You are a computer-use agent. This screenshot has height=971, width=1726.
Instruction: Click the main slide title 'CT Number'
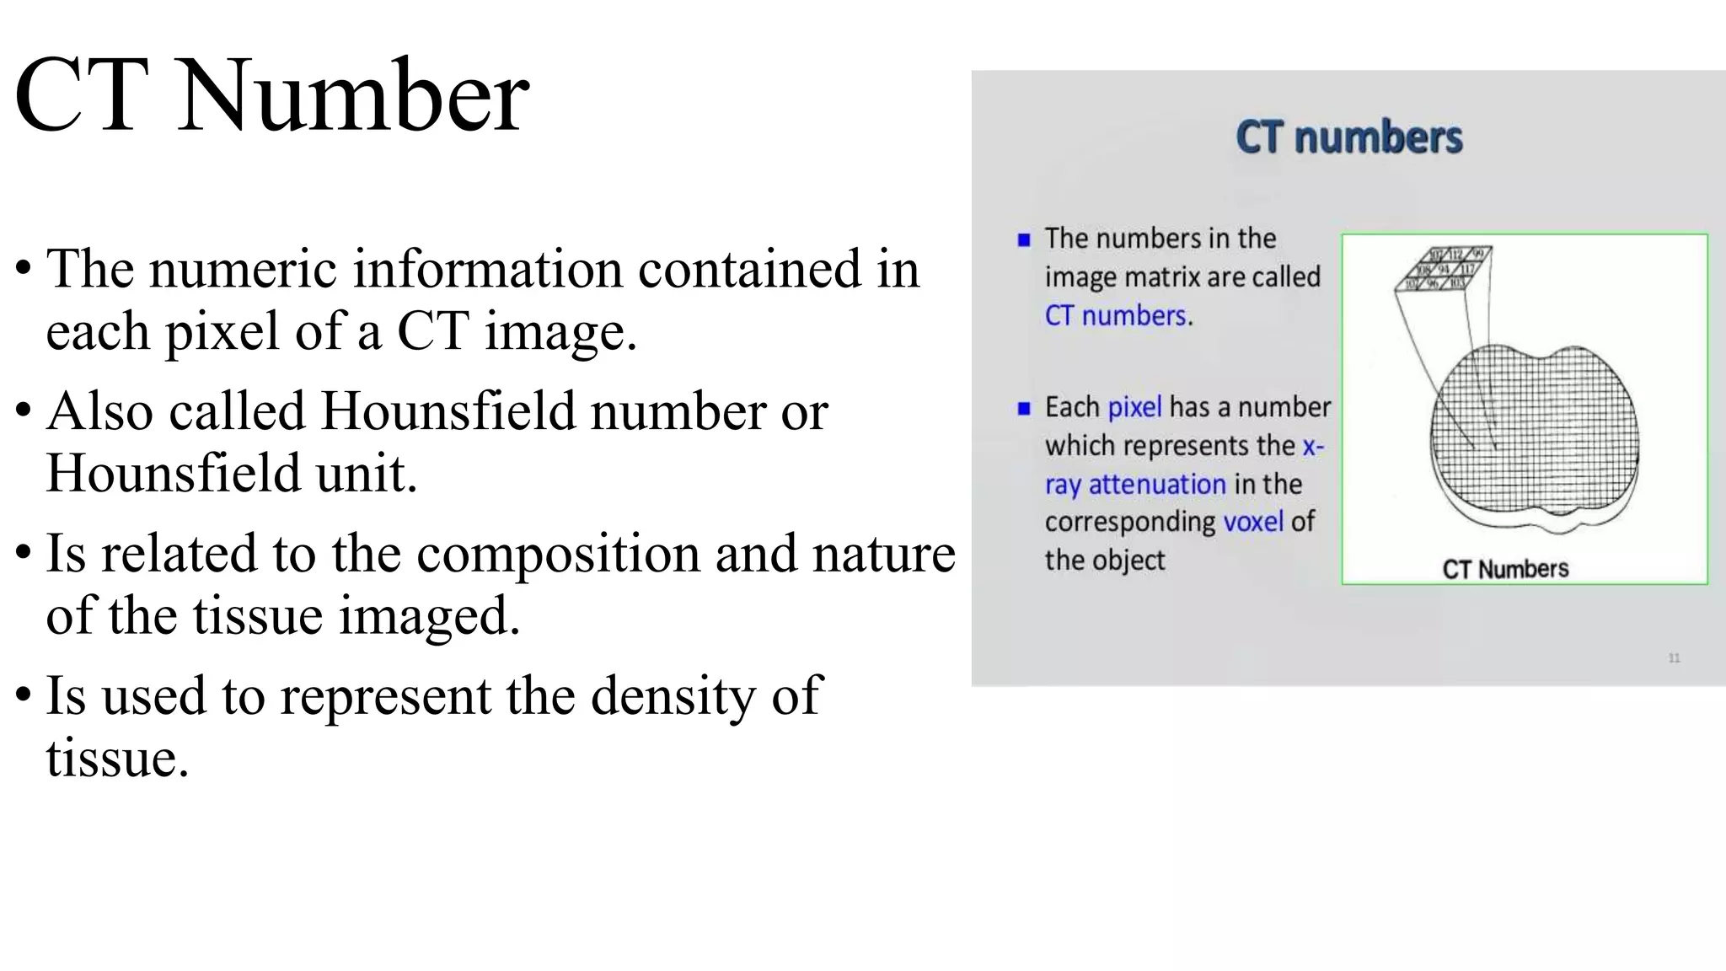coord(271,95)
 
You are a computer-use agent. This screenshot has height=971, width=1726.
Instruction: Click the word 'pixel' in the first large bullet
coord(222,330)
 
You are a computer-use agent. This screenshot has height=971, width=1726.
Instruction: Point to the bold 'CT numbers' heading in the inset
coord(1348,137)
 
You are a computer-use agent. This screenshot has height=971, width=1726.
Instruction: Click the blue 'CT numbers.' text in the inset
coord(1118,316)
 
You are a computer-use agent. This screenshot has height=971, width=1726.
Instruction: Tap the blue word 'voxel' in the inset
coord(1252,522)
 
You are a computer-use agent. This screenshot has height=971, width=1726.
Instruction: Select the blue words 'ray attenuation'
coord(1135,485)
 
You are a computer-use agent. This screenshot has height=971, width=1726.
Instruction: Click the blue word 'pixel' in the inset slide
coord(1134,407)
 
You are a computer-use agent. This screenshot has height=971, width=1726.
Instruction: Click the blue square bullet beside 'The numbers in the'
coord(1024,240)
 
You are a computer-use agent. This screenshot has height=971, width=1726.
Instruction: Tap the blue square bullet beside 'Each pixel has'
coord(1024,409)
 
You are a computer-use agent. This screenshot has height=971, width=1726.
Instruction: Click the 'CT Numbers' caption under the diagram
coord(1505,569)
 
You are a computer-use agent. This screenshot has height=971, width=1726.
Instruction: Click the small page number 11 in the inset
coord(1674,658)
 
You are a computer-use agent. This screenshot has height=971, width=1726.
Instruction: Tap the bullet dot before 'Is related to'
coord(24,554)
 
